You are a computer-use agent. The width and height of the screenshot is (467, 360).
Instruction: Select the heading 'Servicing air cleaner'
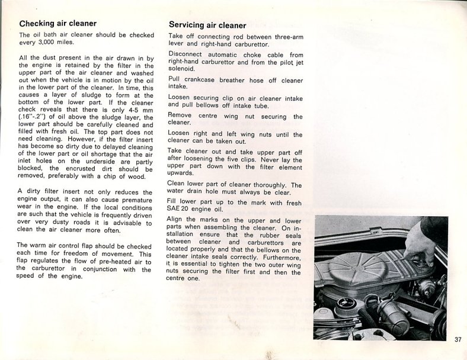click(x=207, y=25)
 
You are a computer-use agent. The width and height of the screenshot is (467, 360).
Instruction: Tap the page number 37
click(x=458, y=339)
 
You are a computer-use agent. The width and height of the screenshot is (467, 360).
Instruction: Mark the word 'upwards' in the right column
click(x=181, y=173)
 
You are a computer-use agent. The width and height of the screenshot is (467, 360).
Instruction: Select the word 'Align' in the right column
click(x=178, y=219)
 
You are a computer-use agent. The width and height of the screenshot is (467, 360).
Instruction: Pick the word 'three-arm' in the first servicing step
click(x=284, y=37)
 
